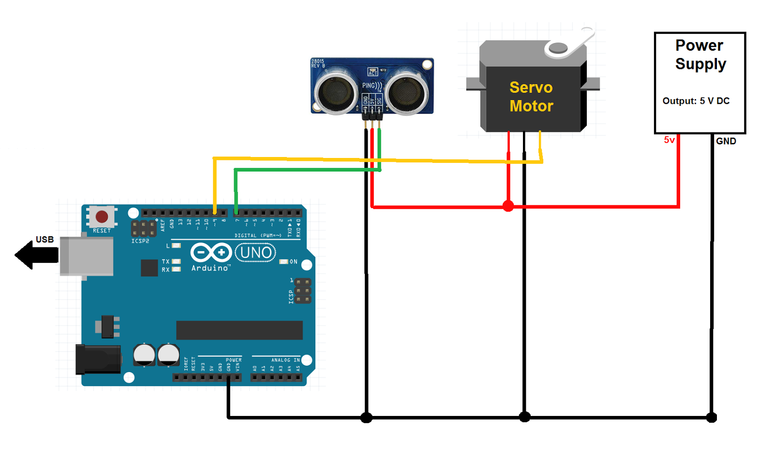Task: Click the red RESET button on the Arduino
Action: coord(102,216)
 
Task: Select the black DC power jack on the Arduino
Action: coord(98,359)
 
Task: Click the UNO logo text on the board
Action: coord(255,252)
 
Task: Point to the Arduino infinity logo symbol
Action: coord(210,252)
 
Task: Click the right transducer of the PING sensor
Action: coord(407,92)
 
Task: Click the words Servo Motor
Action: coord(531,97)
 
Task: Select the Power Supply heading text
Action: coord(700,55)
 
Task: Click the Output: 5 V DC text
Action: coord(696,101)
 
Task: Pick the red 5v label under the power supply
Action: coord(669,140)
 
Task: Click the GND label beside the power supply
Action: coord(726,141)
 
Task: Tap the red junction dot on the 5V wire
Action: coord(508,206)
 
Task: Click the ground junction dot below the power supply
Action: coord(711,417)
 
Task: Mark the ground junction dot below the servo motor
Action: coord(524,416)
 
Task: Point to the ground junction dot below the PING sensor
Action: coord(366,417)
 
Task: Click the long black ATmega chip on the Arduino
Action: coord(239,330)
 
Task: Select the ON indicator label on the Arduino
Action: coord(293,261)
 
